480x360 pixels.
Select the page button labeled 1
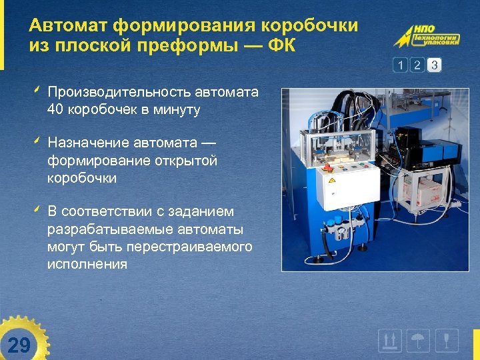(401, 65)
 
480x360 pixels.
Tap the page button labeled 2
(417, 65)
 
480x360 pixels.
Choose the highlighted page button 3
(434, 65)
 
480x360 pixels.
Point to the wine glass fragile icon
(447, 341)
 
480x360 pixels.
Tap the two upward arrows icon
(389, 341)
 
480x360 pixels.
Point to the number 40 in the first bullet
(56, 109)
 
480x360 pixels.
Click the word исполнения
(87, 264)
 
